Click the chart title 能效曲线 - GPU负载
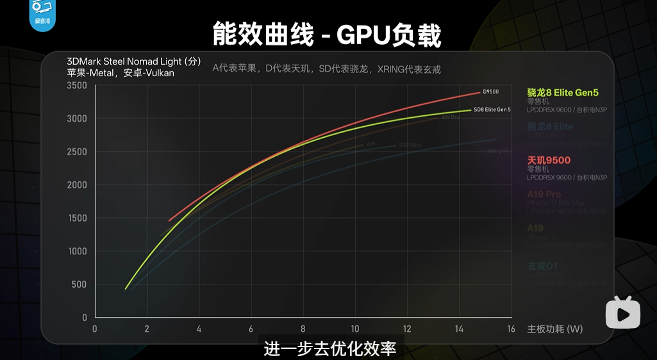tap(327, 36)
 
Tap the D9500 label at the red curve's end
tap(490, 92)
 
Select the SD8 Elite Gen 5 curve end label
tap(492, 110)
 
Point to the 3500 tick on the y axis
tap(76, 86)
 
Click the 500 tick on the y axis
tap(79, 284)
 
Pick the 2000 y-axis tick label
tap(76, 185)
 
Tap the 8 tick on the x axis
tap(303, 329)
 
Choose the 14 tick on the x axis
tap(459, 329)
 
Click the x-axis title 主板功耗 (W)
tap(554, 329)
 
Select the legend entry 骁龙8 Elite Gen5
tap(567, 93)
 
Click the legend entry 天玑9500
tap(549, 160)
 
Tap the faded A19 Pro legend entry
tap(544, 194)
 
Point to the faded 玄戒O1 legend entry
tap(542, 266)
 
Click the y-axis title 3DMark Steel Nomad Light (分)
tap(134, 61)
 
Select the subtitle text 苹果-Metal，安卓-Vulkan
tap(121, 73)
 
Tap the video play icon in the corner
tap(623, 313)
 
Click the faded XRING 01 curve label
tap(497, 151)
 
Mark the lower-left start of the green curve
tap(126, 289)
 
